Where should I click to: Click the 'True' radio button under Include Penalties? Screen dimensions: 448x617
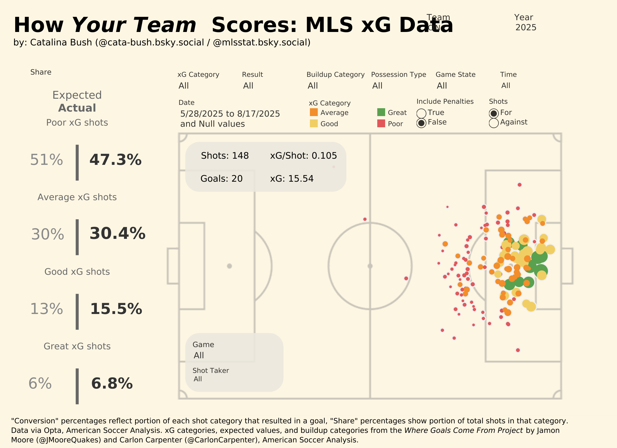pyautogui.click(x=421, y=113)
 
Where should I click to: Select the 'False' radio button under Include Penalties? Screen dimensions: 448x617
pyautogui.click(x=421, y=123)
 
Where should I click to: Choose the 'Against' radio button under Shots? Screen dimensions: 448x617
pyautogui.click(x=494, y=123)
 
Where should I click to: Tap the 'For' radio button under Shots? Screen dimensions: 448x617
pyautogui.click(x=494, y=113)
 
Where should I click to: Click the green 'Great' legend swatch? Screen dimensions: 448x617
pyautogui.click(x=381, y=112)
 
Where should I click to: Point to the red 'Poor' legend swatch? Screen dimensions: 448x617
pyautogui.click(x=381, y=124)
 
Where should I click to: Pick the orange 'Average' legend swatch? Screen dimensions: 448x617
pyautogui.click(x=314, y=112)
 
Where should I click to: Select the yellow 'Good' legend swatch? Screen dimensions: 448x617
pyautogui.click(x=314, y=124)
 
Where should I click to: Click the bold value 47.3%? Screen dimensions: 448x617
pyautogui.click(x=115, y=160)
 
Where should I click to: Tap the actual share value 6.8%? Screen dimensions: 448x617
pyautogui.click(x=112, y=383)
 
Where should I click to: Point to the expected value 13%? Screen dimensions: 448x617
pyautogui.click(x=47, y=309)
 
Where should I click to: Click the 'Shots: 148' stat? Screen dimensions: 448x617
pyautogui.click(x=225, y=156)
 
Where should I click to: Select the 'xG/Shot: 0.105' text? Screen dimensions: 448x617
pyautogui.click(x=303, y=156)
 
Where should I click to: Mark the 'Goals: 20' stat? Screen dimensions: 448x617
pyautogui.click(x=221, y=179)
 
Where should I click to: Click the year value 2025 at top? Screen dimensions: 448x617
pyautogui.click(x=525, y=27)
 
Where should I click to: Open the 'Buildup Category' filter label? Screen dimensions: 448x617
pyautogui.click(x=335, y=75)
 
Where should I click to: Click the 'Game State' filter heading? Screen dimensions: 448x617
pyautogui.click(x=455, y=75)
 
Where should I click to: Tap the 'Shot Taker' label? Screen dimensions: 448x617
pyautogui.click(x=211, y=371)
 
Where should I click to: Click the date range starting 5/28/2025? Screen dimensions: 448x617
pyautogui.click(x=230, y=114)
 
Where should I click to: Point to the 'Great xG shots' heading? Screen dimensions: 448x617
pyautogui.click(x=77, y=346)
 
